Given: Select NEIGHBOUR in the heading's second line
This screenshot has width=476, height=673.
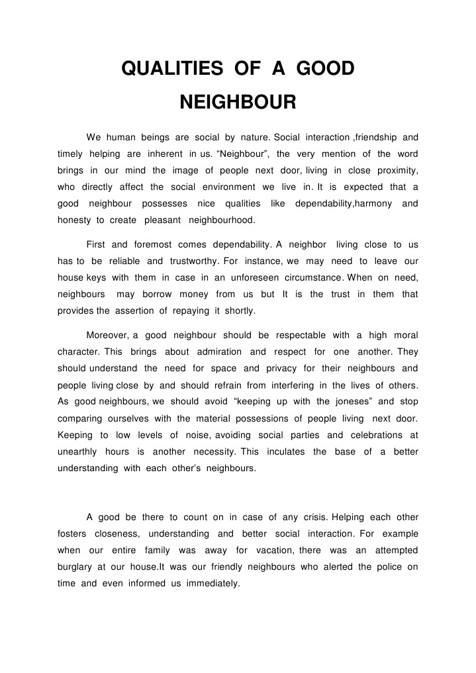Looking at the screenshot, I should pyautogui.click(x=238, y=103).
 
